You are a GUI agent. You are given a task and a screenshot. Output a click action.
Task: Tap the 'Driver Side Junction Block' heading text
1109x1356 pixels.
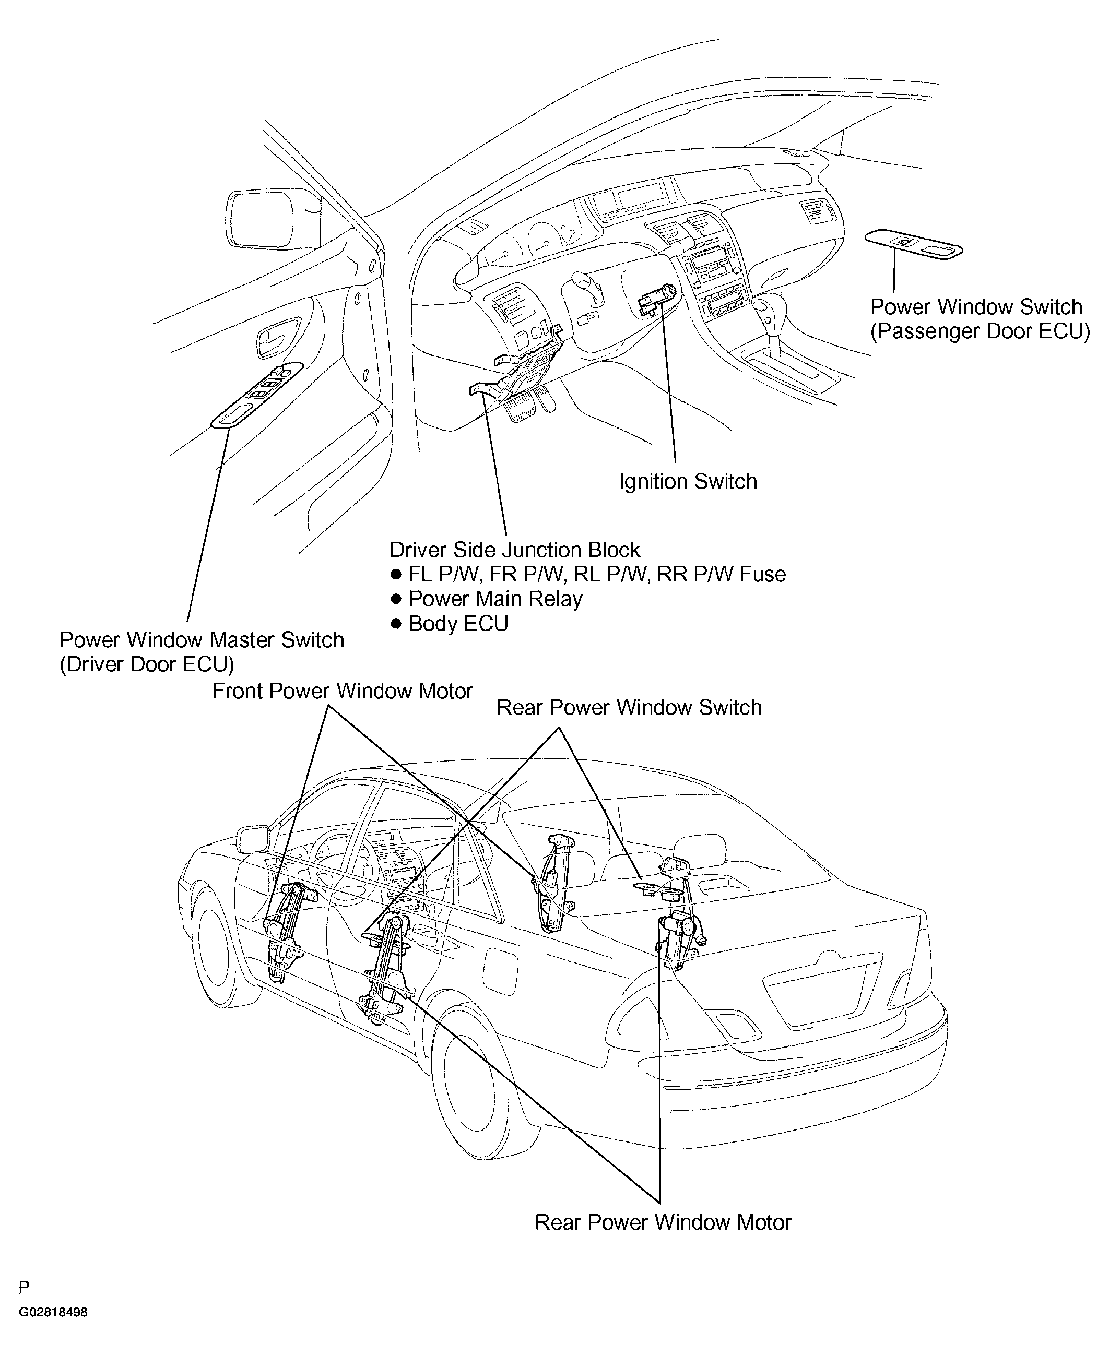point(514,550)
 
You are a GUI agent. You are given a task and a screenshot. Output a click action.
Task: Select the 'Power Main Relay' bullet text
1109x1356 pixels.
point(495,599)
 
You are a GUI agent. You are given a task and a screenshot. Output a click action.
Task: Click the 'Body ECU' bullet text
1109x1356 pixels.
point(458,623)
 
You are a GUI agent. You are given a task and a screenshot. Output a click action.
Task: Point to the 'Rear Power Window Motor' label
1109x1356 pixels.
point(663,1222)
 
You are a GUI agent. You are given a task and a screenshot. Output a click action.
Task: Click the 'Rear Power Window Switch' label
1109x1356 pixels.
point(629,707)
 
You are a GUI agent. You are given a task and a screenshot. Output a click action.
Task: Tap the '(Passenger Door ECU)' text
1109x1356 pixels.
point(980,331)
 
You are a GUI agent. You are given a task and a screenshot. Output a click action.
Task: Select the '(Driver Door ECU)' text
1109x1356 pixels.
point(147,664)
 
